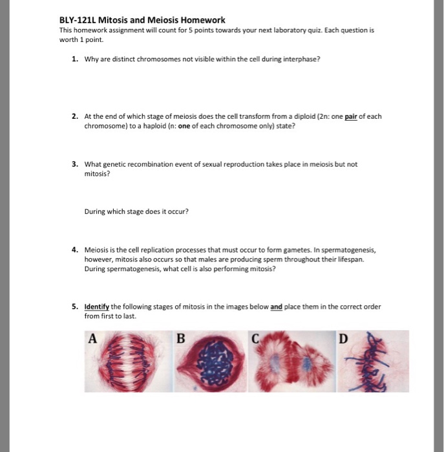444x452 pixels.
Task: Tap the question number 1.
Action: click(75, 59)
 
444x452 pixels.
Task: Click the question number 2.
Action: click(75, 116)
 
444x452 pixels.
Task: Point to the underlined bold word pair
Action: click(351, 117)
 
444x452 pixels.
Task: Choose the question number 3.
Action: click(75, 164)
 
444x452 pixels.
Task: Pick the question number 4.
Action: click(75, 250)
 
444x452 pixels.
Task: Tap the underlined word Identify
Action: click(97, 307)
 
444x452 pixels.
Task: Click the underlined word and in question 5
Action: click(276, 307)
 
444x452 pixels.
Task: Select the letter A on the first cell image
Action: click(92, 338)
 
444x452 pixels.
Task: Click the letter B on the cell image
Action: click(180, 338)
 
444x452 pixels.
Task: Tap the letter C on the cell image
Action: click(255, 338)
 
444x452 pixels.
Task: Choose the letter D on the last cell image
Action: click(343, 339)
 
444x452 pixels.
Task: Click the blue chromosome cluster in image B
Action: click(215, 362)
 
